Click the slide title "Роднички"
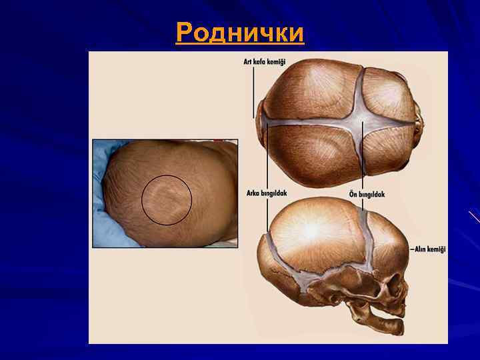(x=240, y=32)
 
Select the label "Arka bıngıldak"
(x=267, y=193)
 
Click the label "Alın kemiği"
(x=429, y=249)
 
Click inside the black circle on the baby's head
(x=167, y=200)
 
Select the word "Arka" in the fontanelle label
(x=255, y=193)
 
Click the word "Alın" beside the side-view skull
(x=421, y=249)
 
